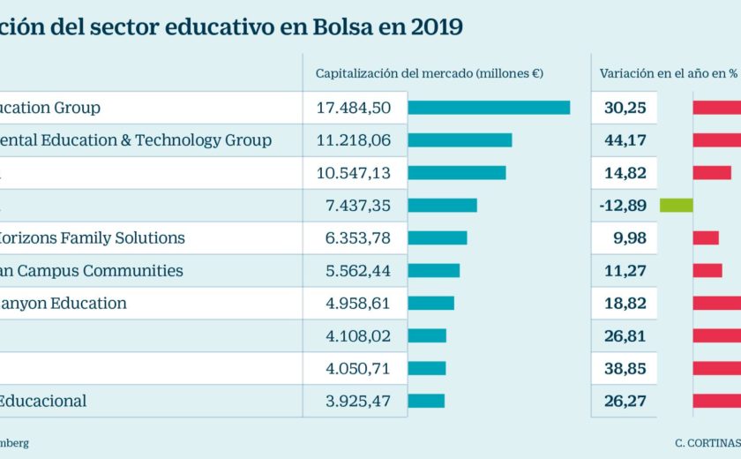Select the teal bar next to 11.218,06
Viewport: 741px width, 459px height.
tap(460, 140)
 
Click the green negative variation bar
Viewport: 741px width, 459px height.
tap(676, 206)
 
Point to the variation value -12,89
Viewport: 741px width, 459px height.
tap(625, 206)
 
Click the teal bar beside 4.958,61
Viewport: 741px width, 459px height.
tap(430, 303)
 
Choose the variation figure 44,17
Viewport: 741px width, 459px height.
tap(625, 140)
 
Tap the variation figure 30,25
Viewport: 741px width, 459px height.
tap(625, 108)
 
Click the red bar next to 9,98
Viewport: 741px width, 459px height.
tap(706, 237)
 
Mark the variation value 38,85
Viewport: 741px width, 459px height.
tap(625, 368)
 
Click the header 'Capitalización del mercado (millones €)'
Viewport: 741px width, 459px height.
tap(429, 74)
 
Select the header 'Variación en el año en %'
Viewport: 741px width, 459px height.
tap(668, 74)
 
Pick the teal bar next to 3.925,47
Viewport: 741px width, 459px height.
tap(426, 401)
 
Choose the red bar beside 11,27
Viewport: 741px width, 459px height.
tap(707, 270)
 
